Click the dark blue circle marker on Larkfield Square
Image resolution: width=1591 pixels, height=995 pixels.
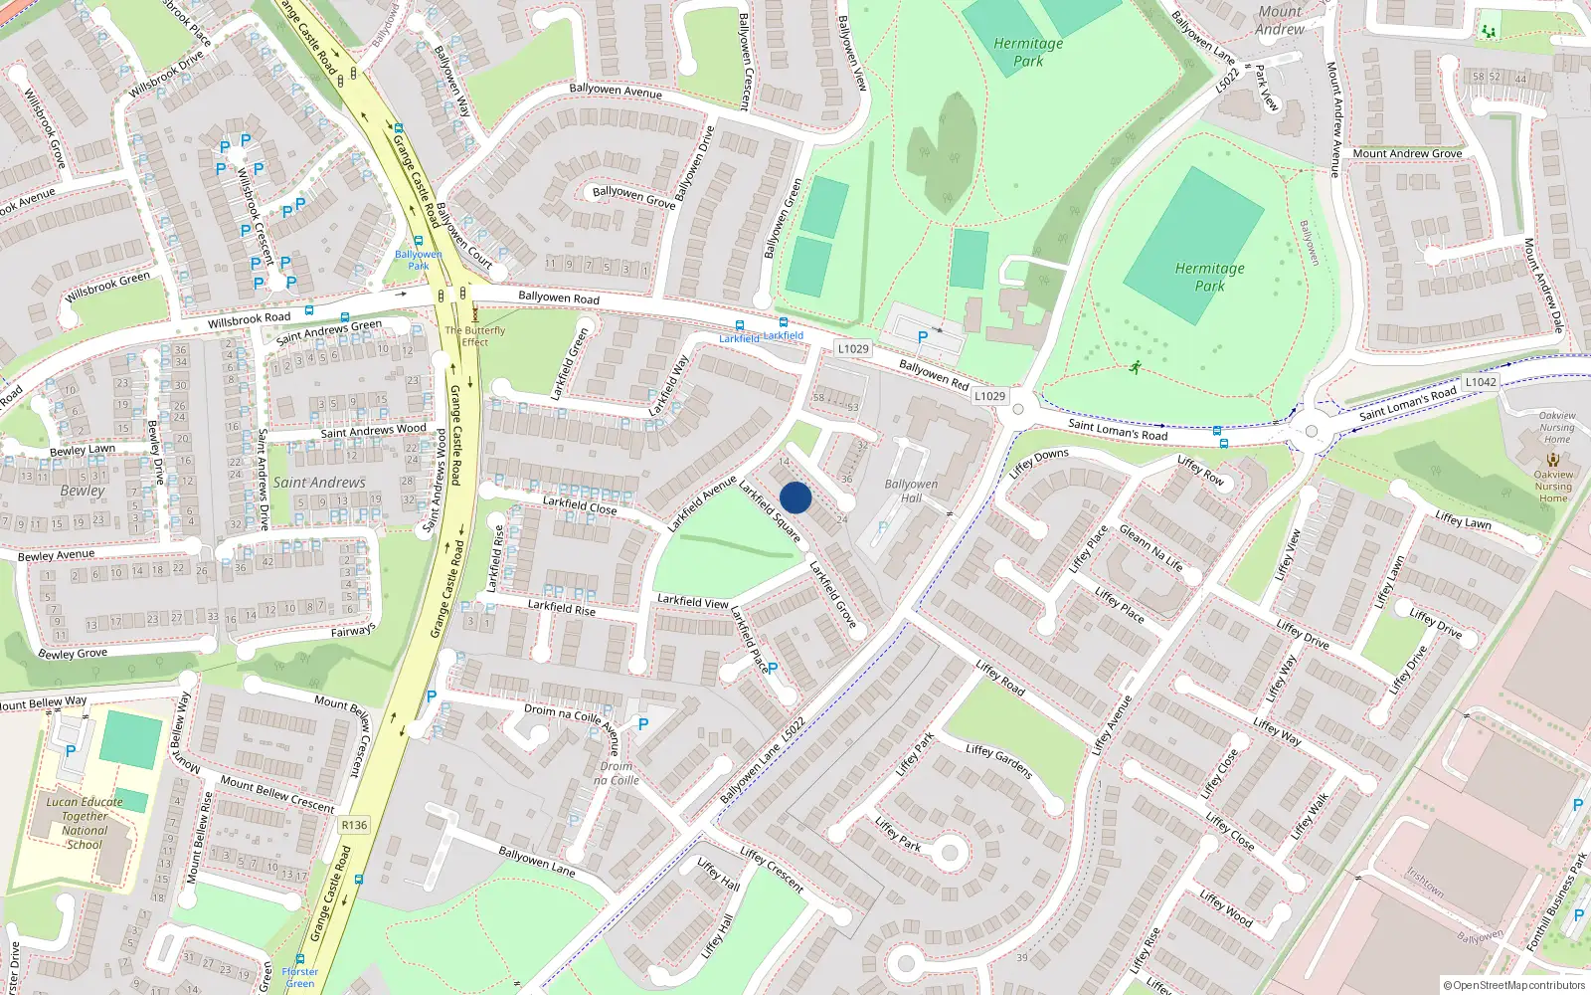coord(795,497)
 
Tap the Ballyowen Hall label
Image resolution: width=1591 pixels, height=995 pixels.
coord(911,492)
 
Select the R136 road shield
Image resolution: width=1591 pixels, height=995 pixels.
coord(354,825)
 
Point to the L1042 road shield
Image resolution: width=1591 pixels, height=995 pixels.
coord(1480,382)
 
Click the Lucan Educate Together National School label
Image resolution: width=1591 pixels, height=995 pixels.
coord(85,823)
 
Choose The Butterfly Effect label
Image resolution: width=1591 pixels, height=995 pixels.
coord(475,336)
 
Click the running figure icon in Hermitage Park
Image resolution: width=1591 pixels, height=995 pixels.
coord(1135,368)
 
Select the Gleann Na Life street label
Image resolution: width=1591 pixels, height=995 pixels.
coord(1151,547)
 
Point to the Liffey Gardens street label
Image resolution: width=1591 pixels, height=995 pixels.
coord(999,762)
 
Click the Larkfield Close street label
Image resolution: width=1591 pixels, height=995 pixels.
coord(580,505)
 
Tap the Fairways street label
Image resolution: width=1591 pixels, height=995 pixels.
coord(353,631)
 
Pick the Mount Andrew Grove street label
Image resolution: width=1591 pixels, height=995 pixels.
coord(1407,153)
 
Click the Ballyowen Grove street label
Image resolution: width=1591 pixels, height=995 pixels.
coord(633,196)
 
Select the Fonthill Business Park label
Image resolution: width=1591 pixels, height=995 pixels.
coord(1557,900)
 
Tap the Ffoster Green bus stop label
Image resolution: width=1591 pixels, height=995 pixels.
coord(299,977)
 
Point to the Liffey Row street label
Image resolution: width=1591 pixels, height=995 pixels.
coord(1200,470)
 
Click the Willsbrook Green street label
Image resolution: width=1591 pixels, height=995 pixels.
coord(107,288)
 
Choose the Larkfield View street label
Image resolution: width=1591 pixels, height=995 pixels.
coord(693,601)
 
